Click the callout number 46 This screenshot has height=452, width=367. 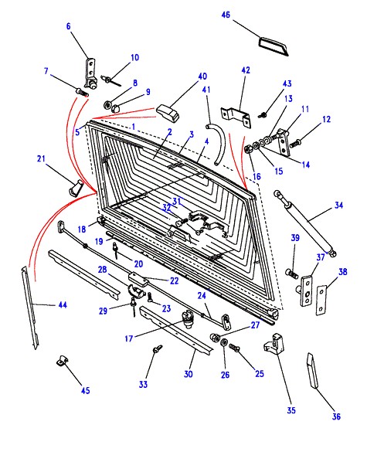coord(226,15)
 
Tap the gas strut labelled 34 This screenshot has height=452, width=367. coord(305,223)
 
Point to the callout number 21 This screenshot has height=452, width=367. coord(41,158)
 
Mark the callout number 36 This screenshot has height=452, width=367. coord(336,416)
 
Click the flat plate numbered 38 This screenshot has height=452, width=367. coord(321,300)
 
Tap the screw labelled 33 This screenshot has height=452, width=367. coord(158,348)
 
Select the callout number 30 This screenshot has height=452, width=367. coord(189,374)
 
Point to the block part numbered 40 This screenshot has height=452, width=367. coord(168,113)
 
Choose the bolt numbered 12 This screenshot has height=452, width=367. coord(295,143)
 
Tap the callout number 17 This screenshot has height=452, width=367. coord(128,338)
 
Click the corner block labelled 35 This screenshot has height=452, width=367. coord(274,344)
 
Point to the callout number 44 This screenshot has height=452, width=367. coord(63,304)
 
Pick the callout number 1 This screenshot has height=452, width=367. coord(133,127)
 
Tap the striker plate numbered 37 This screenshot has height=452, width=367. coord(306,291)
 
